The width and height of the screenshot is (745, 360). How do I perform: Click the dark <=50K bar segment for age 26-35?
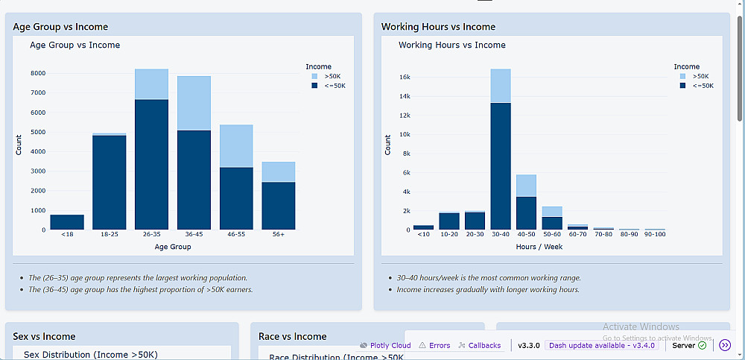click(151, 164)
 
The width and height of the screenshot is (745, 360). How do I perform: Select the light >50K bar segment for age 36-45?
click(194, 103)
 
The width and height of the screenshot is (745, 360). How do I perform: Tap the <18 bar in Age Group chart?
click(67, 221)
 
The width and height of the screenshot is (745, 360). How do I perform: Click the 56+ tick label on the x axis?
click(278, 235)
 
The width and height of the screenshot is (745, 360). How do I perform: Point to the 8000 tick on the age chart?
click(38, 73)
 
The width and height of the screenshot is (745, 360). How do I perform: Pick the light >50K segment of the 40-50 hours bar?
click(526, 185)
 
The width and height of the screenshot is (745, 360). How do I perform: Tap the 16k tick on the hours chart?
click(405, 77)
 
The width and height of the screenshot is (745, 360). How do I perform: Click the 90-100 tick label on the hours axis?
click(654, 235)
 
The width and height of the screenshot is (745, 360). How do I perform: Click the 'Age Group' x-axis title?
click(172, 247)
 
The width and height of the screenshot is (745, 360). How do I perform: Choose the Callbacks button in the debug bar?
click(480, 345)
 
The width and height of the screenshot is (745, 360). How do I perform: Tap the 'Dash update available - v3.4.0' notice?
click(601, 345)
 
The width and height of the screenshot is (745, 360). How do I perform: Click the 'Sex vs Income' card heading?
click(44, 336)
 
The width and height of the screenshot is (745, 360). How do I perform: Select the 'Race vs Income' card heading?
click(292, 336)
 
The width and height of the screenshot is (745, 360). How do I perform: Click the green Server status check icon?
click(702, 345)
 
